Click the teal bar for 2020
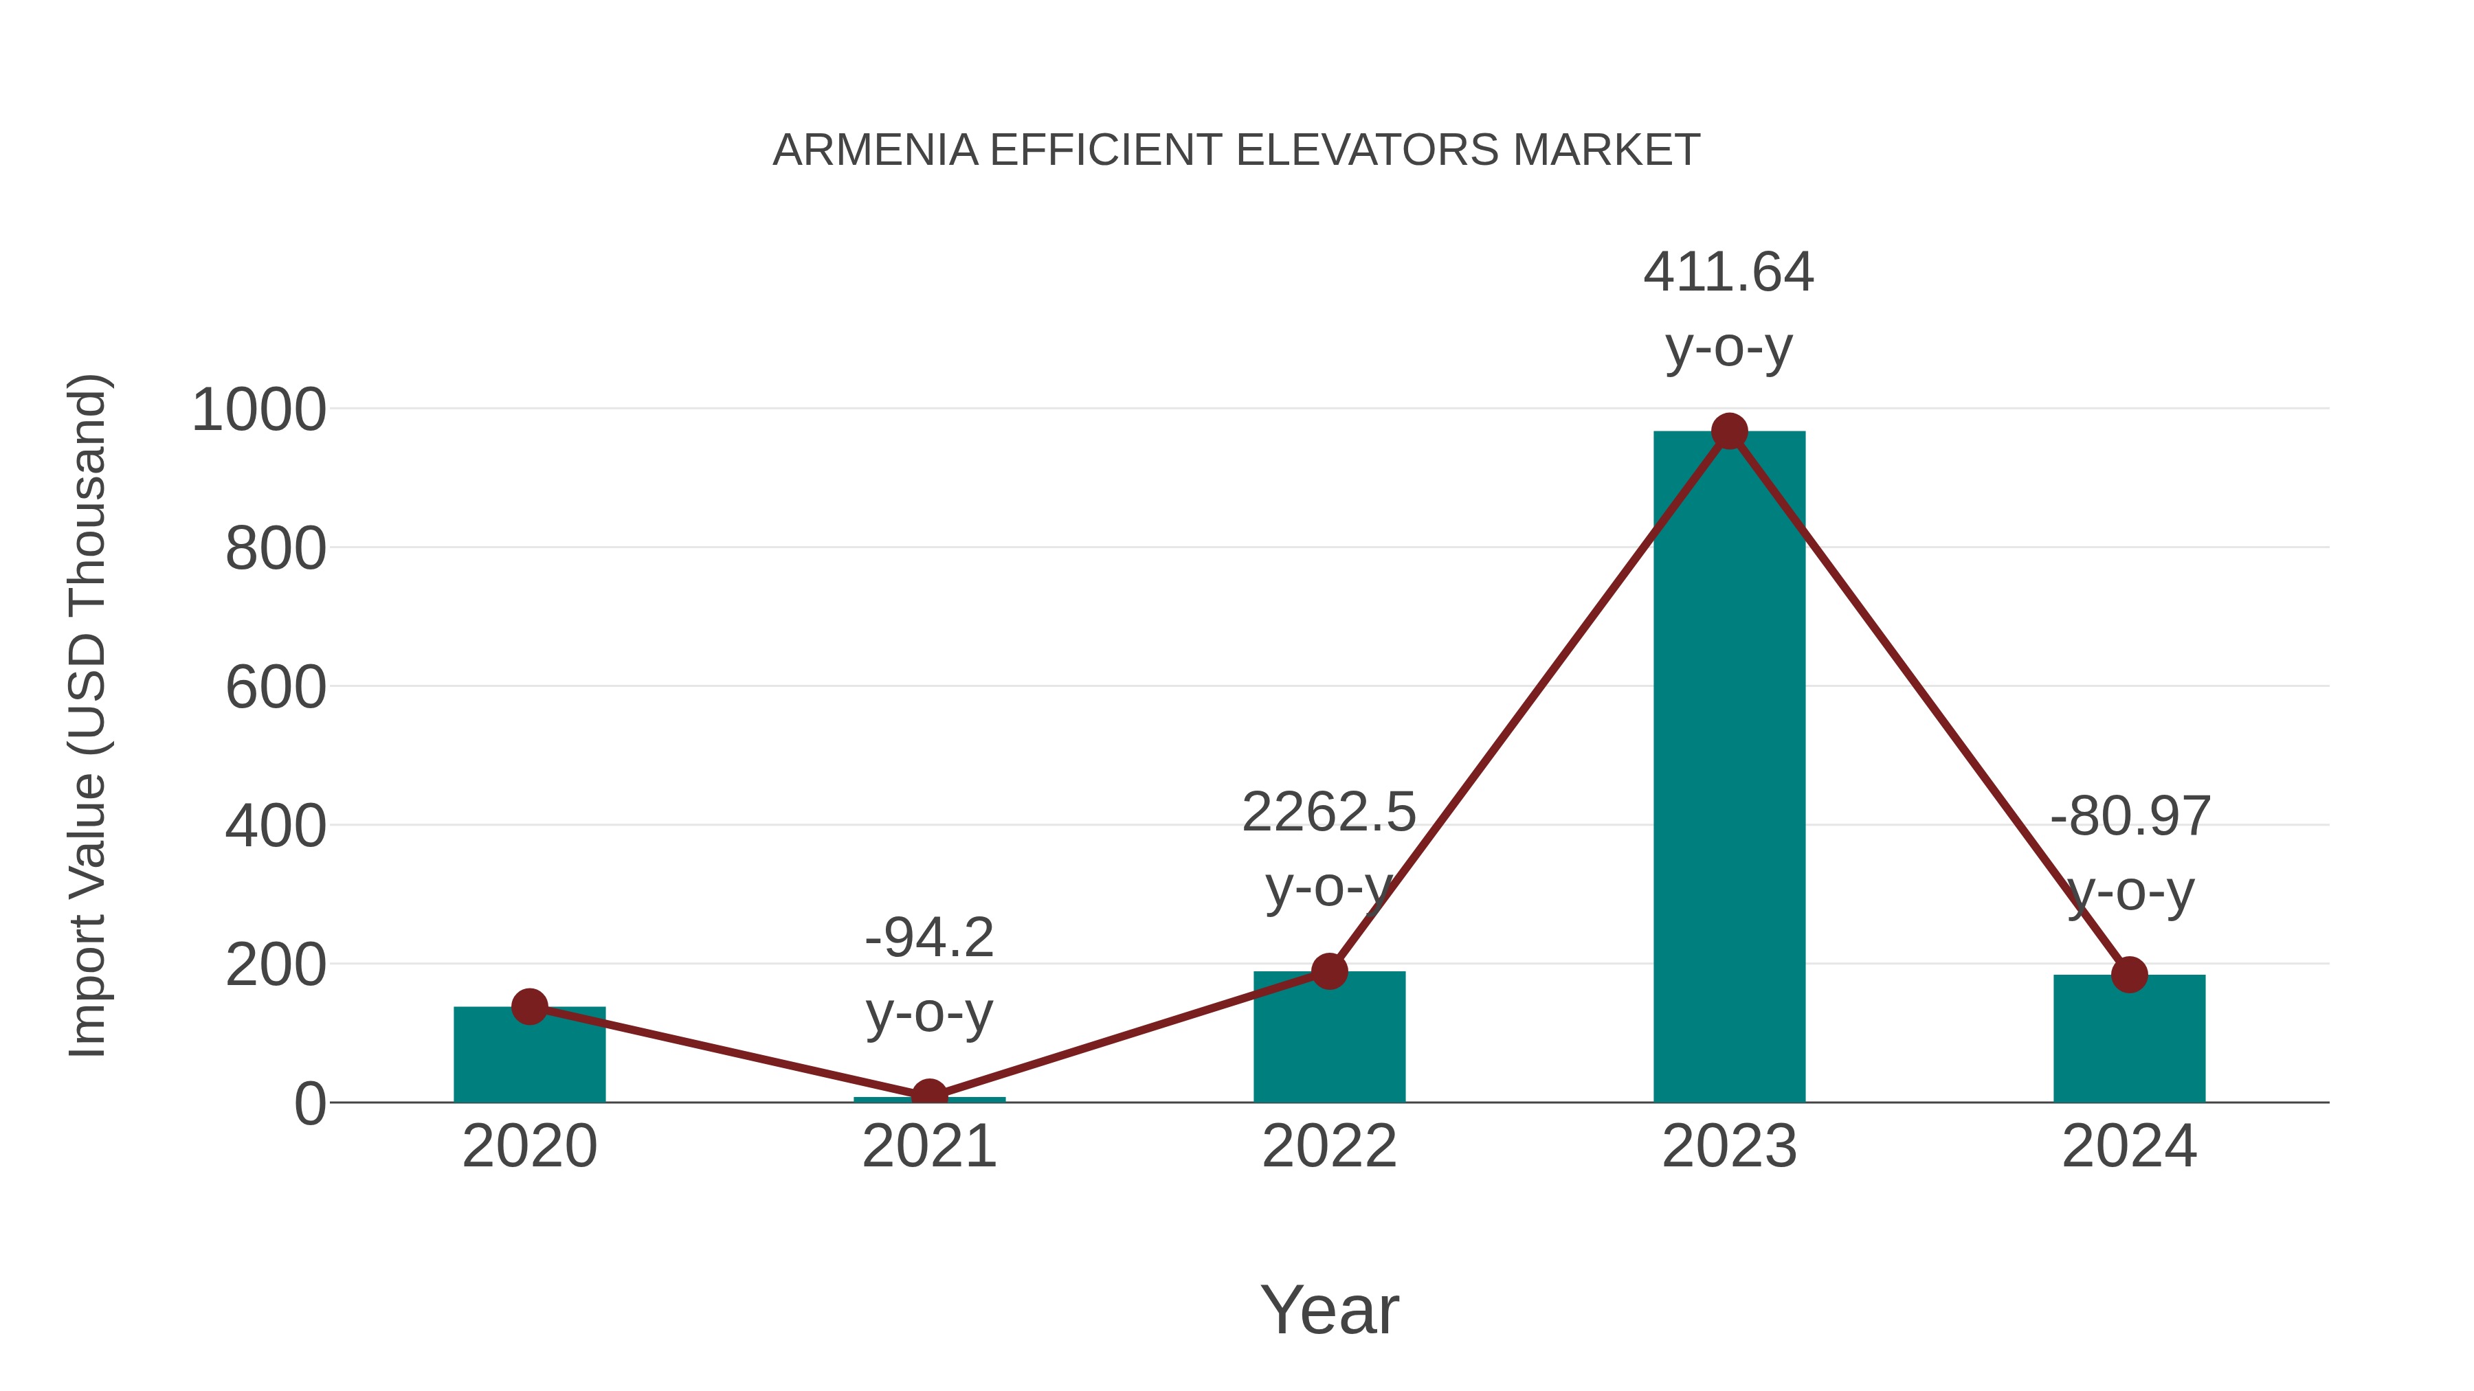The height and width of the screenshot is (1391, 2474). point(529,1056)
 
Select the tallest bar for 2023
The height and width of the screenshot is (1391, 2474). point(1729,768)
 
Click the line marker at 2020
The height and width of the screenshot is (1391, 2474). point(529,1007)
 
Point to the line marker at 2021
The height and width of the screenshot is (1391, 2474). point(928,1096)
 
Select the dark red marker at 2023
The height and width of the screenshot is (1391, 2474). point(1729,432)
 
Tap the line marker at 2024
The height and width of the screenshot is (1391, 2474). point(2129,975)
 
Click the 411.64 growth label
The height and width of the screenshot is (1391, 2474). point(1729,273)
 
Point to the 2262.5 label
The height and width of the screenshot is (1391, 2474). point(1328,813)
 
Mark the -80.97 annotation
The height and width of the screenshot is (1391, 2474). point(2129,817)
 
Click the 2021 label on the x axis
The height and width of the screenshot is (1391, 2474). point(928,1146)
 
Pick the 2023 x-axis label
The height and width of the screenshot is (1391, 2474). point(1729,1146)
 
